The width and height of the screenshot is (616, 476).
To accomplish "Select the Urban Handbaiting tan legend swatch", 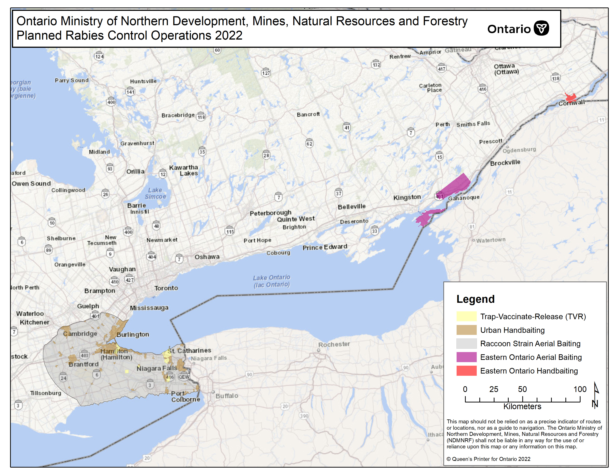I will [x=466, y=330].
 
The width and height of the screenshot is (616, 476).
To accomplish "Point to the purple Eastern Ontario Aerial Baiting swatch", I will [x=466, y=357].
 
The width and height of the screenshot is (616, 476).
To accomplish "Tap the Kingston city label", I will [x=407, y=197].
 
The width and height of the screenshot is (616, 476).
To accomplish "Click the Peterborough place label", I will [x=270, y=213].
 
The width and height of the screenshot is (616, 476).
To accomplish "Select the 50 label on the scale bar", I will [x=522, y=389].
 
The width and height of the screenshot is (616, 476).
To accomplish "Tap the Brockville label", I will [x=505, y=163].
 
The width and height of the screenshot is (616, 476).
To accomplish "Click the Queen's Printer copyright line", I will [x=488, y=459].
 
